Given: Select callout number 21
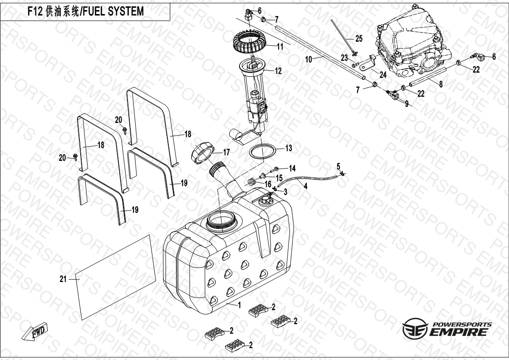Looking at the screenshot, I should point(63,279).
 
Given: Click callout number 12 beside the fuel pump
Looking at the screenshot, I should point(278,71).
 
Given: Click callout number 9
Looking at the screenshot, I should point(406,104).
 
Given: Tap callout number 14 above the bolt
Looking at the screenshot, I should point(292,168).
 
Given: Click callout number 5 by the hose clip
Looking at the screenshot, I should point(338,165).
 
